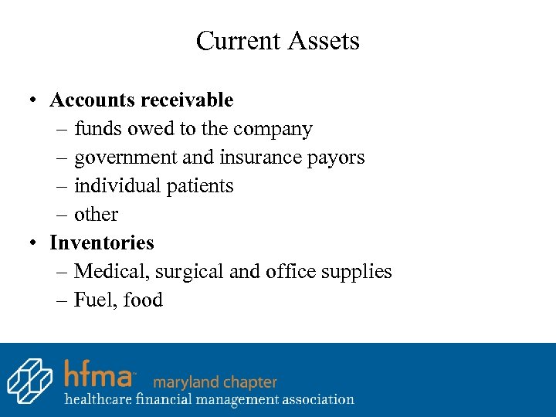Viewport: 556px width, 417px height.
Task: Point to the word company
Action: point(273,129)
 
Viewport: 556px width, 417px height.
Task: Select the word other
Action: point(97,214)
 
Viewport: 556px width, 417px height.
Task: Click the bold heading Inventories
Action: point(102,242)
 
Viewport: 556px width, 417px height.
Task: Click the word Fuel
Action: point(91,300)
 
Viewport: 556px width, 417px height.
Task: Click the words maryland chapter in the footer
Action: point(215,381)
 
